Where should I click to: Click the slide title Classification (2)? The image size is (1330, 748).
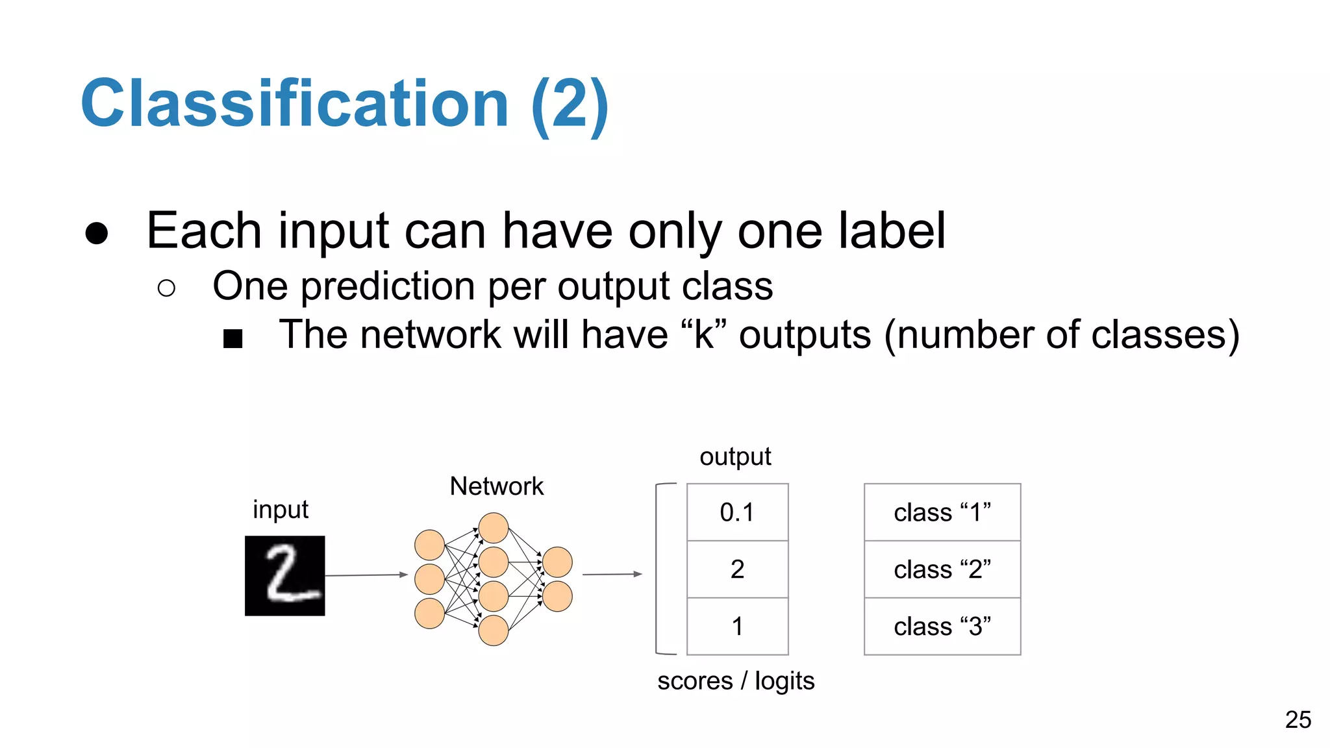344,104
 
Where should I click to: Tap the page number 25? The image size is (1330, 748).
1298,719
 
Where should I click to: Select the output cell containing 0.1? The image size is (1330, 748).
737,512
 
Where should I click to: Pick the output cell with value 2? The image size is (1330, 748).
737,569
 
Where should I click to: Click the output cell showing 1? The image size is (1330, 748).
737,627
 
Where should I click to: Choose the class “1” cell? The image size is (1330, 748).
942,512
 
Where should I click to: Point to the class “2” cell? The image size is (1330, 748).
942,569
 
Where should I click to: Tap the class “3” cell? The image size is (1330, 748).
942,627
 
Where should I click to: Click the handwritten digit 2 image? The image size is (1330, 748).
284,575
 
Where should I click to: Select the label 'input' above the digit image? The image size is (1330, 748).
280,510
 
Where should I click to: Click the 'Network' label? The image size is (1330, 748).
496,486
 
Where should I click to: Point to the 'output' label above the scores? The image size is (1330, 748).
735,457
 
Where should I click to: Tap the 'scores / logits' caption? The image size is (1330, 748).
736,681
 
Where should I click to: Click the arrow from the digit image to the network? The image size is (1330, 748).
366,575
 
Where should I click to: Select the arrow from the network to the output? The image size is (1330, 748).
612,574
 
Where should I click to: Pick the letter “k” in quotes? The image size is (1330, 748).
704,335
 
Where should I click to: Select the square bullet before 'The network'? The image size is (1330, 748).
232,338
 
